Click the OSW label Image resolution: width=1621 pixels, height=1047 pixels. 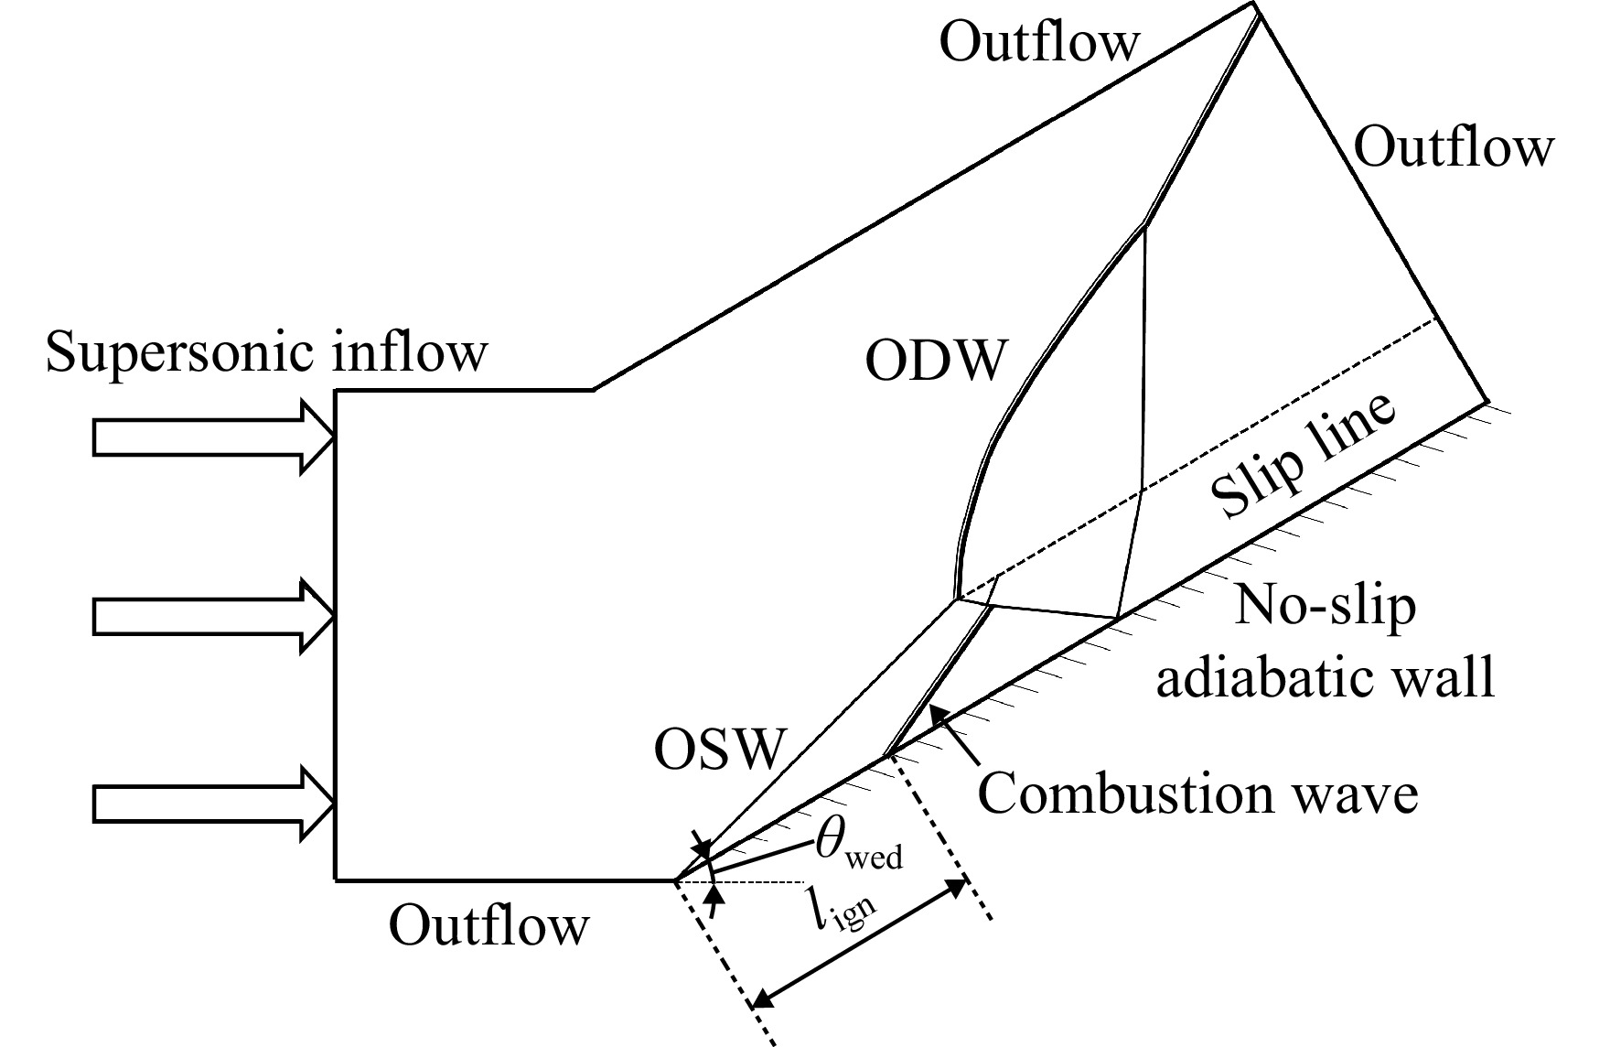[x=720, y=750]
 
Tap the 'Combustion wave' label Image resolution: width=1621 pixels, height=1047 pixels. [x=1198, y=793]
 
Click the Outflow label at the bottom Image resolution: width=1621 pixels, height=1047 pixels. [x=489, y=926]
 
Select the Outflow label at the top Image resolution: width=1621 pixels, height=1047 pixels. [x=1040, y=42]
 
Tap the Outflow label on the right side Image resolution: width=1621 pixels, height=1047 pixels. [x=1454, y=146]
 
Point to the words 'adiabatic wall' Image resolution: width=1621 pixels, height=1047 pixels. [x=1326, y=677]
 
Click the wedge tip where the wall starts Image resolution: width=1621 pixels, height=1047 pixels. [x=675, y=880]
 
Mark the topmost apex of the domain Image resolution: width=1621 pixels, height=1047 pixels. [x=1254, y=4]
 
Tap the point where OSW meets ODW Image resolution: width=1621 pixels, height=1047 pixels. [x=956, y=600]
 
